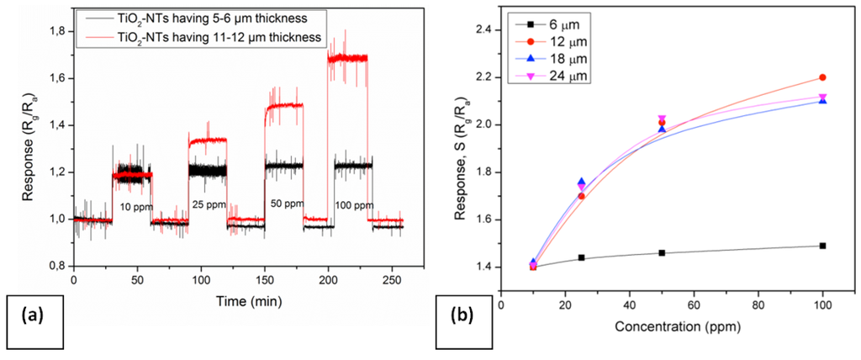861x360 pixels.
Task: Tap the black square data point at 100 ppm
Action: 822,246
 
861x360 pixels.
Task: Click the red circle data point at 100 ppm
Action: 822,77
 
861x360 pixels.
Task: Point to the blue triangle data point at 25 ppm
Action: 581,183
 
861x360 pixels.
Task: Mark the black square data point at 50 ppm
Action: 662,252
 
